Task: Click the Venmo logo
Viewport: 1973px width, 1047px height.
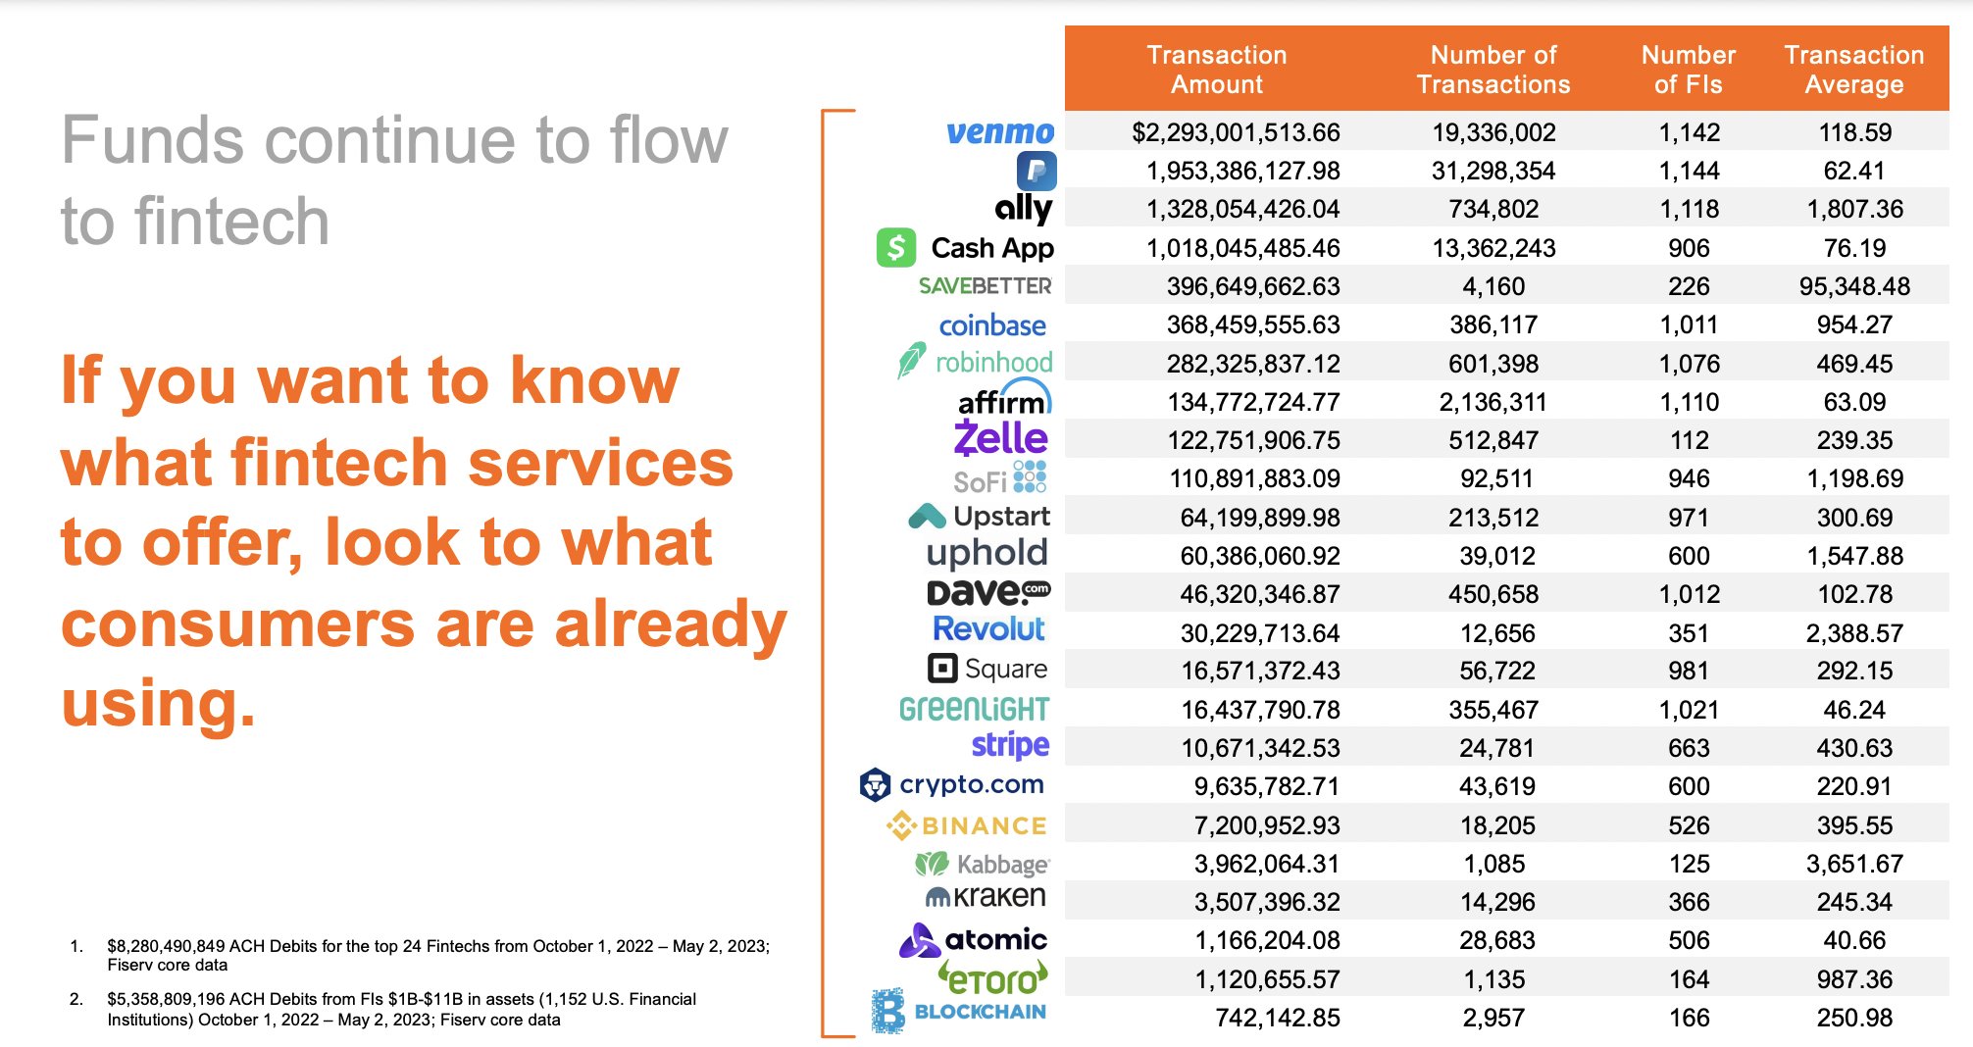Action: pos(999,132)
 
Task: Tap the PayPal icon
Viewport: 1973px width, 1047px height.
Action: pos(1036,171)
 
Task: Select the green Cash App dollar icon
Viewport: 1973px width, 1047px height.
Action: pos(895,248)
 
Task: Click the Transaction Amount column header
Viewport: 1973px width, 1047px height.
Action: pos(1216,70)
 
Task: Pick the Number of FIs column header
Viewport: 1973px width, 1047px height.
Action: pos(1688,70)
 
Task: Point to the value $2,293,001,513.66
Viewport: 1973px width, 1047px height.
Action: pos(1235,132)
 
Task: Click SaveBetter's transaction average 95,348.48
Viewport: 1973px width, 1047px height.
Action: pos(1853,286)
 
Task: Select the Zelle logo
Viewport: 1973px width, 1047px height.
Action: pos(1000,438)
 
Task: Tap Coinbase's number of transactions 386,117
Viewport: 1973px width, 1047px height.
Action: pos(1492,324)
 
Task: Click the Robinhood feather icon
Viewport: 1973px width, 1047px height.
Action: pos(910,361)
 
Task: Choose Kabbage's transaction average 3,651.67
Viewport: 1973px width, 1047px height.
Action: pos(1853,864)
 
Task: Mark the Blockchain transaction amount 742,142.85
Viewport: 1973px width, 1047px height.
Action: pos(1277,1018)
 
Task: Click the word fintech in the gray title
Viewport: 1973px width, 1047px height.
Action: pos(231,222)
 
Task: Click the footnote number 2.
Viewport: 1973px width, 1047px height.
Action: pos(76,999)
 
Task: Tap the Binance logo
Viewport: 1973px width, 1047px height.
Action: pos(967,825)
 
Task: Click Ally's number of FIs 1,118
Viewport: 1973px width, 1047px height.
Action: pos(1689,209)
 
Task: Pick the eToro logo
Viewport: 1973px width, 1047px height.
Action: pos(991,978)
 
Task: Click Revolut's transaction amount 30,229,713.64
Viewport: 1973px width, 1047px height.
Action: pos(1259,633)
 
